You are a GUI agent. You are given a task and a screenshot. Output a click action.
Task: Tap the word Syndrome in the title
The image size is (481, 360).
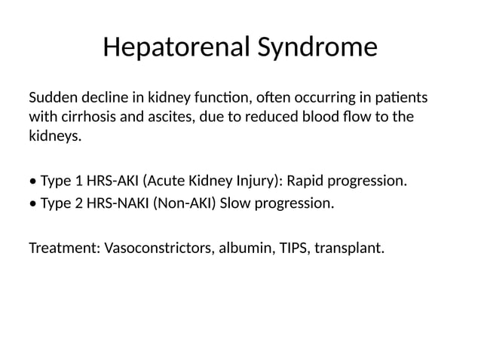point(317,47)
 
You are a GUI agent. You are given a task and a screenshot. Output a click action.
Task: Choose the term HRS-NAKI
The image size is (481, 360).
point(118,203)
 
